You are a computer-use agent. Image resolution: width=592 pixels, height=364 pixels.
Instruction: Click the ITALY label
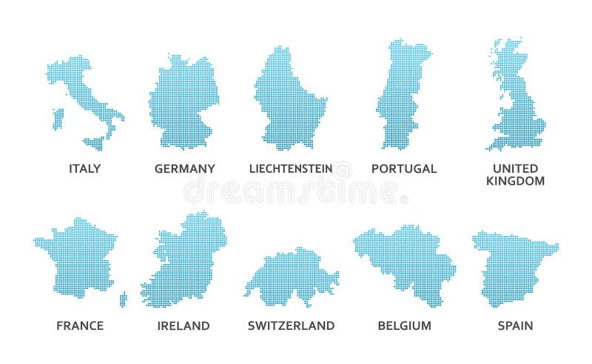(x=84, y=168)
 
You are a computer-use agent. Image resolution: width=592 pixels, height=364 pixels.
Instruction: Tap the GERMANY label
(x=184, y=168)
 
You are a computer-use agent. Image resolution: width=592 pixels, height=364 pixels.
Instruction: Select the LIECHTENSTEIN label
(x=291, y=168)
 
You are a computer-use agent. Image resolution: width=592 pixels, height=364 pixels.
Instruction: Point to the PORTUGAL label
(x=404, y=168)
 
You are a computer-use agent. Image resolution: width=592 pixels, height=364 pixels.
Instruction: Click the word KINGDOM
(x=516, y=181)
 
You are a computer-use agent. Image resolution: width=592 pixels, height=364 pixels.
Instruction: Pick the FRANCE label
(x=80, y=325)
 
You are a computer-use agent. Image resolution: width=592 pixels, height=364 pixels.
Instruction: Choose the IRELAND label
(x=184, y=325)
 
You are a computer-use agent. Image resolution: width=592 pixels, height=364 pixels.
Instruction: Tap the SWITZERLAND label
(x=291, y=325)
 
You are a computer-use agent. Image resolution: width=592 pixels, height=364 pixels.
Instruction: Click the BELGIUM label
(x=404, y=325)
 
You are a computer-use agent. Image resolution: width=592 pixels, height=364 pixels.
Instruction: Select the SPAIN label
(x=515, y=325)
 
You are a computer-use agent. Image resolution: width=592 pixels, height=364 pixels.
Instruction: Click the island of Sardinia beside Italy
(x=57, y=119)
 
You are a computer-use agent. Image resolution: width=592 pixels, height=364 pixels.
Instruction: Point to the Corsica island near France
(x=123, y=298)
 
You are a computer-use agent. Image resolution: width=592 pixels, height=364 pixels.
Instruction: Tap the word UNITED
(x=515, y=168)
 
